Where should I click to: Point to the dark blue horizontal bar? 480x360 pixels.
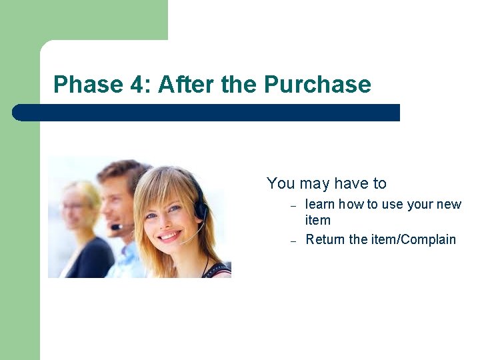tap(207, 113)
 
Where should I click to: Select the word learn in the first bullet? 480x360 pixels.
tap(320, 205)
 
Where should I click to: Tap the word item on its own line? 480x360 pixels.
tap(317, 221)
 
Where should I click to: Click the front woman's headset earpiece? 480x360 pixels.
tap(200, 210)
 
